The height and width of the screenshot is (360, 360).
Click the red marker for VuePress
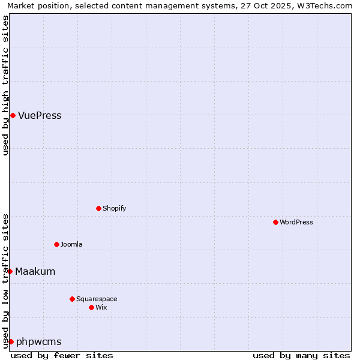point(13,115)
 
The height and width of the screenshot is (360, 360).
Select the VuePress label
point(40,116)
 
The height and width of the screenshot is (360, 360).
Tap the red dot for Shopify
point(98,208)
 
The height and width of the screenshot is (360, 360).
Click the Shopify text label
point(114,209)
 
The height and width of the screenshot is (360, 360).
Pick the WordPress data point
point(275,222)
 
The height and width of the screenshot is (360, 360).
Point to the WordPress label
point(296,223)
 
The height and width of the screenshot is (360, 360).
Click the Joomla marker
point(56,244)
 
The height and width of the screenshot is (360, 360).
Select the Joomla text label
point(71,245)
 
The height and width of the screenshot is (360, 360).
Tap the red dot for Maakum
point(10,271)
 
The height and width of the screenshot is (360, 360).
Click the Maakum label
point(35,272)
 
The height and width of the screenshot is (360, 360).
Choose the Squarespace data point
point(72,299)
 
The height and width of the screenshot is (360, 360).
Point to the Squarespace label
point(97,299)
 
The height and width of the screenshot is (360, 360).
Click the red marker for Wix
point(91,307)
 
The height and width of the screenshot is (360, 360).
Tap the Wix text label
point(101,308)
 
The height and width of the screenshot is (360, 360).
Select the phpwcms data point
point(11,341)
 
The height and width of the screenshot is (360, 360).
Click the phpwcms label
point(39,342)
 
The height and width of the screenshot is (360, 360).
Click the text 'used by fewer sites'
point(62,355)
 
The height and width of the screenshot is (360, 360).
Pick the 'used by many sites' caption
point(301,355)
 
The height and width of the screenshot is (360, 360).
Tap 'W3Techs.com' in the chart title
point(326,5)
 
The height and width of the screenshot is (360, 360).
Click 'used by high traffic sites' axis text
point(6,85)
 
